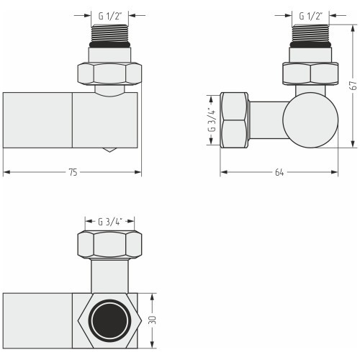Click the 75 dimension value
[x=73, y=172]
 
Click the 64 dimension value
[x=279, y=172]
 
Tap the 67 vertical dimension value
[x=354, y=86]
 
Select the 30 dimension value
[x=152, y=320]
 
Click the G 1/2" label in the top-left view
[x=110, y=17]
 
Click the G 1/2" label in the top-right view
[x=311, y=17]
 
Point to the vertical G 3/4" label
[x=212, y=120]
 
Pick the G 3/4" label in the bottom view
[x=110, y=222]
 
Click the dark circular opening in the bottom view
[x=109, y=320]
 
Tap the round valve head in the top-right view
[x=310, y=120]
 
